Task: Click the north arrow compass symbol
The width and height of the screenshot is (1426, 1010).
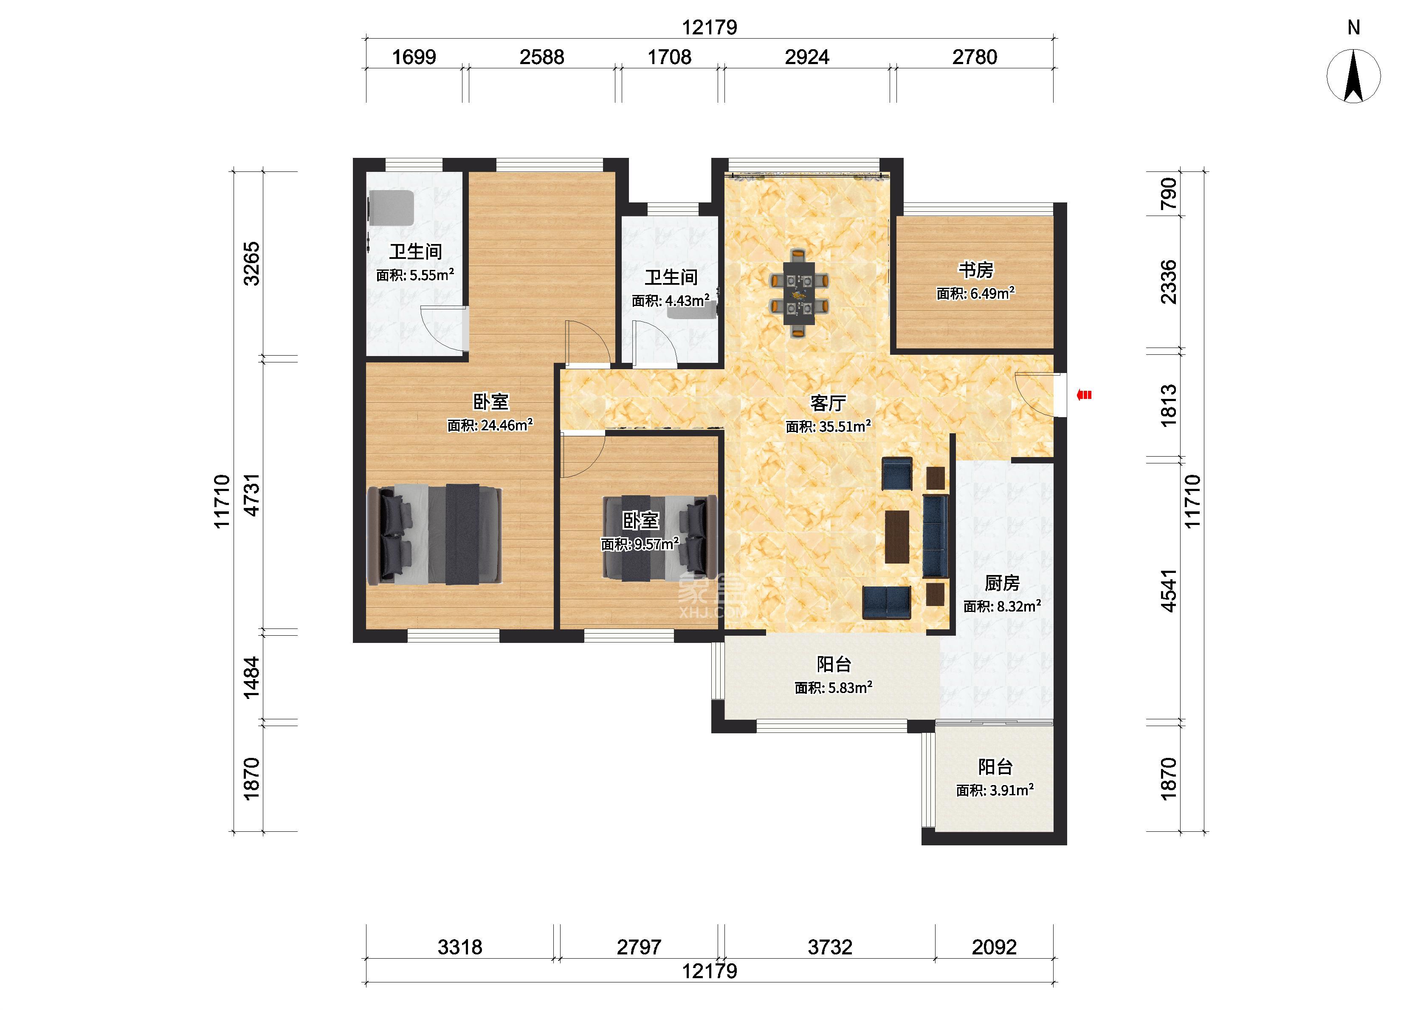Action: click(x=1353, y=76)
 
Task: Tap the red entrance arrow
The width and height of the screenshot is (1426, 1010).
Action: click(x=1084, y=394)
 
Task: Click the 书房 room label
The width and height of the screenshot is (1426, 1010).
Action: click(x=975, y=270)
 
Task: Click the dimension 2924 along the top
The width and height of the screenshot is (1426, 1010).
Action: click(x=806, y=57)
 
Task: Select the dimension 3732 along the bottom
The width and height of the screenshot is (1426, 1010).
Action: click(x=829, y=947)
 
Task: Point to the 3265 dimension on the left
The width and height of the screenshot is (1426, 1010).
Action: click(x=251, y=263)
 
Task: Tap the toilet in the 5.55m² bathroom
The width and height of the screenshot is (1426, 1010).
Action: click(x=391, y=208)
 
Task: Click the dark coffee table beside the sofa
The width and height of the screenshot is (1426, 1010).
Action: click(x=896, y=537)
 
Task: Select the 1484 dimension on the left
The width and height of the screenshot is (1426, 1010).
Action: click(x=251, y=677)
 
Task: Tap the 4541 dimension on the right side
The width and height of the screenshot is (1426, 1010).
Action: click(x=1168, y=590)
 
